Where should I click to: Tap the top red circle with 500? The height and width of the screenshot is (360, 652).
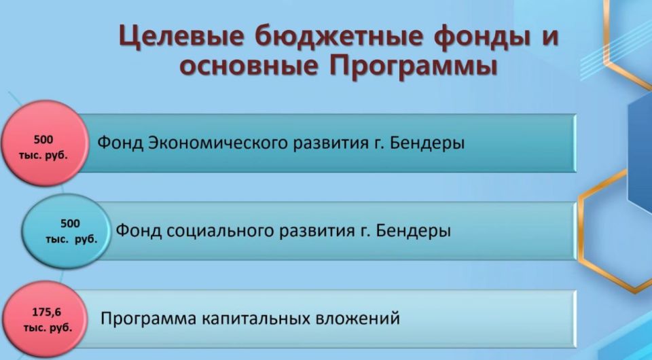[x=43, y=144]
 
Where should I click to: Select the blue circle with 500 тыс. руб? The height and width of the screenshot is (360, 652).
[x=65, y=231]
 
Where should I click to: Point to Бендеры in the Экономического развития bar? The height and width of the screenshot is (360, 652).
[x=429, y=143]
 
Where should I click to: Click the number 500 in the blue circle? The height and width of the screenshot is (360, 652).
[x=70, y=223]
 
